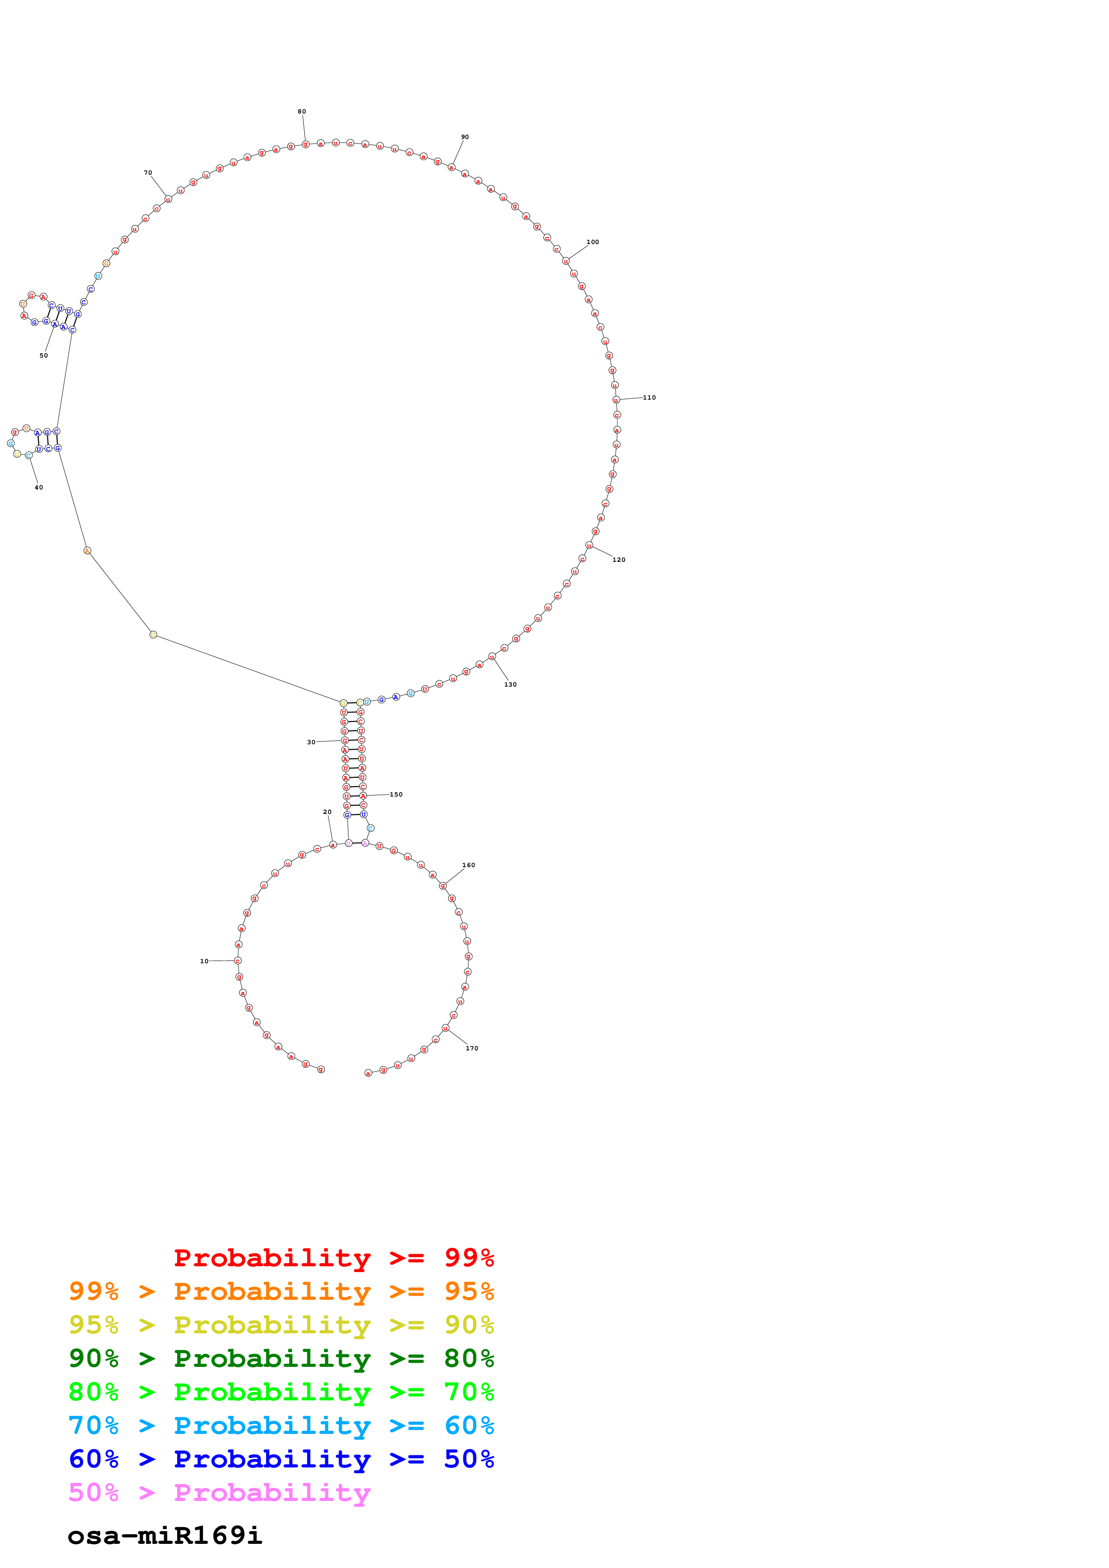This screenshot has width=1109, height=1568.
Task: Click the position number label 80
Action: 302,111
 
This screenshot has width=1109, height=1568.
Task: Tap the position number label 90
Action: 465,137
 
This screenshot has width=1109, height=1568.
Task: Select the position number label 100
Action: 592,242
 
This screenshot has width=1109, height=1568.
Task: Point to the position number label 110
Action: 649,397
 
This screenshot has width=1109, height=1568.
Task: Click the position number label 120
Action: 618,560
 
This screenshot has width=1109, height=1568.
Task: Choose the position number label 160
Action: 468,865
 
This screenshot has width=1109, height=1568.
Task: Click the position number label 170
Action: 472,1048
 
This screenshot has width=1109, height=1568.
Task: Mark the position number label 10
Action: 204,961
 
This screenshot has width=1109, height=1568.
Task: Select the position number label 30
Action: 311,742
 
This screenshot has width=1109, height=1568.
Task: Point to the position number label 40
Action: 39,488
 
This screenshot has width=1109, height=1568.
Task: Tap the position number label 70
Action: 148,173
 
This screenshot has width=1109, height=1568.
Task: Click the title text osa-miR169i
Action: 165,1535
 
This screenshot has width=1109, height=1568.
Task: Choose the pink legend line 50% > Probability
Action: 219,1493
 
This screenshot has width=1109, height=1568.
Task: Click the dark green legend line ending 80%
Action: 281,1358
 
